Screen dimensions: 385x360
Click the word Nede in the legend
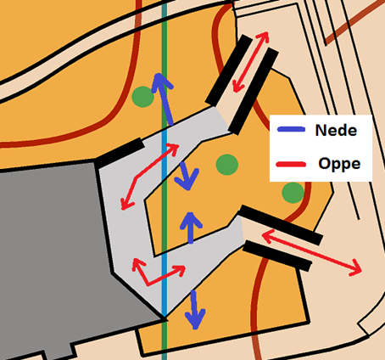coord(336,130)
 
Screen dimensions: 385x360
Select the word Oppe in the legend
coord(339,164)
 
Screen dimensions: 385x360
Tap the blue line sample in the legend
coord(292,129)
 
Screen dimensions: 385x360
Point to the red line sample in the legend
coord(291,164)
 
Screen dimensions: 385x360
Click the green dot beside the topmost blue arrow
coord(143,97)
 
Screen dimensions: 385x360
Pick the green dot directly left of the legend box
coord(227,165)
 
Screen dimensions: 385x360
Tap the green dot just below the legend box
coord(293,193)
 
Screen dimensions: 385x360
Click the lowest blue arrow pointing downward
coord(195,310)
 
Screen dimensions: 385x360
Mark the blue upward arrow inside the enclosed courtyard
coord(191,228)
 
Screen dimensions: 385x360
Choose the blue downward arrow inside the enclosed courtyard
coord(187,176)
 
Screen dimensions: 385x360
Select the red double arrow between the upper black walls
coord(250,62)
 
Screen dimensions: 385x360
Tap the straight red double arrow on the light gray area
coord(149,177)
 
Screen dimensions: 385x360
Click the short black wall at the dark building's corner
coord(120,153)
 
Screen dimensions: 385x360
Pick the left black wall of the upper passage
coord(228,70)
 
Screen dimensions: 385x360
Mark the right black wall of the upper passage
coord(254,91)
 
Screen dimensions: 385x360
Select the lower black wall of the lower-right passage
coord(277,256)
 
